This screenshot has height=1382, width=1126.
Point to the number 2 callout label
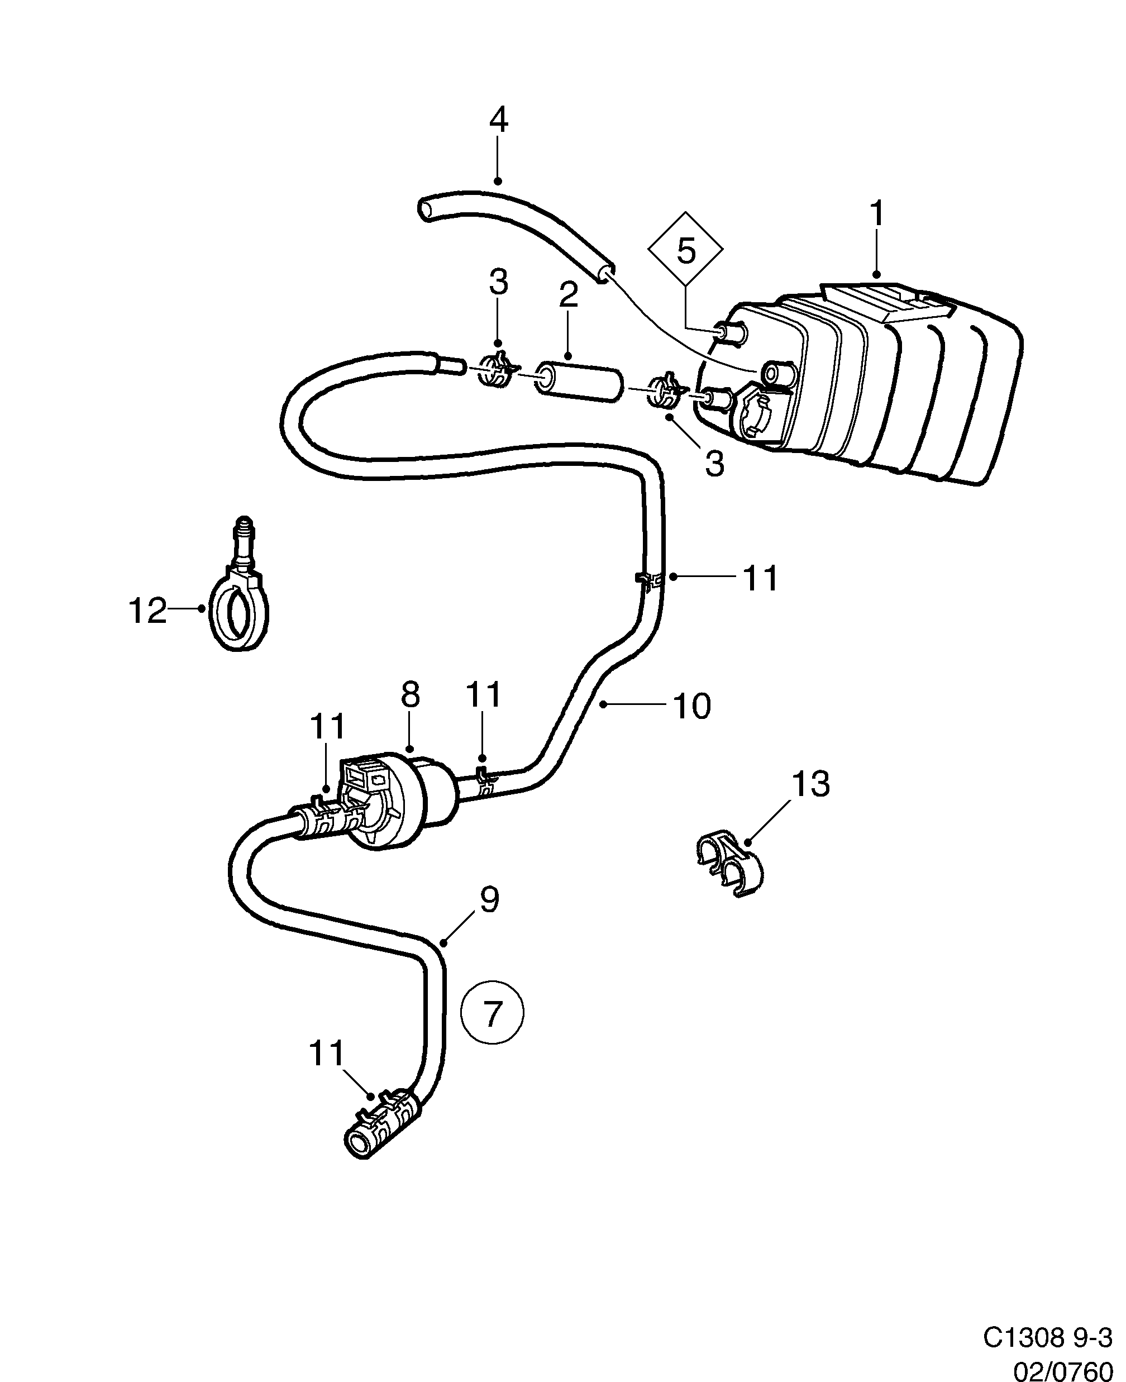click(568, 296)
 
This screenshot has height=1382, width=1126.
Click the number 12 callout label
click(147, 610)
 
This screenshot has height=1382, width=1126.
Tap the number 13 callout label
click(811, 784)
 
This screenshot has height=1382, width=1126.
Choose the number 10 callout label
click(693, 706)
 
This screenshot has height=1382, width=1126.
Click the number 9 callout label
click(489, 900)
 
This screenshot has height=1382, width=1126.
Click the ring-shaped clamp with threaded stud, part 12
click(238, 609)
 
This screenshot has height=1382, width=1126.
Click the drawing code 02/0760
click(1062, 1367)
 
